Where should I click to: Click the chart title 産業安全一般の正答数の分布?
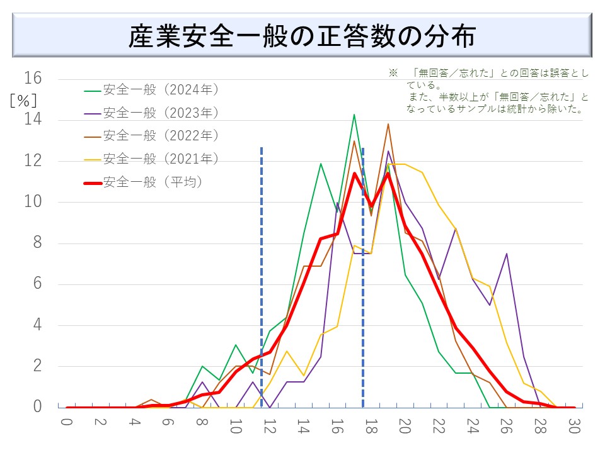[302, 36]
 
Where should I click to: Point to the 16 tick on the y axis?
[32, 79]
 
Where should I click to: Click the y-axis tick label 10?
[32, 202]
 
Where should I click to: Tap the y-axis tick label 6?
[36, 284]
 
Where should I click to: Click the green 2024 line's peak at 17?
[354, 115]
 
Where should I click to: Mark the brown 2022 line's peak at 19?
[388, 124]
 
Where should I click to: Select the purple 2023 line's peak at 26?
[507, 254]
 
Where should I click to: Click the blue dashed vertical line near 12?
[262, 277]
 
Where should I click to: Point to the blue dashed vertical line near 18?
[362, 277]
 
